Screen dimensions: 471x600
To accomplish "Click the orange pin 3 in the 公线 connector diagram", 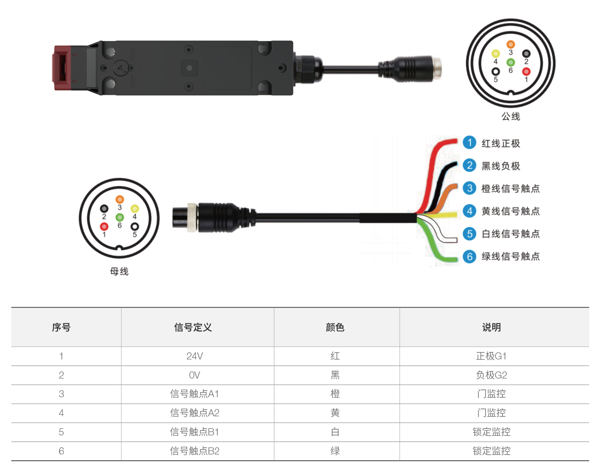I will [x=511, y=44].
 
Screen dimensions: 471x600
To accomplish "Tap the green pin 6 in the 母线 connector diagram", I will [x=120, y=217].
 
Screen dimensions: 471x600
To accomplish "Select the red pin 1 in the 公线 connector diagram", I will [x=526, y=72].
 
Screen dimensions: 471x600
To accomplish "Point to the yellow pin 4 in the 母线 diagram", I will [x=135, y=208].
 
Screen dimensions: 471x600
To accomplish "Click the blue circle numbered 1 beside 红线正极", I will [x=469, y=143].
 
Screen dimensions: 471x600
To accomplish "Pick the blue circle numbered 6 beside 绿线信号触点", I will [x=469, y=256].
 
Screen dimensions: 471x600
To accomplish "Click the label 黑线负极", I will [x=501, y=166].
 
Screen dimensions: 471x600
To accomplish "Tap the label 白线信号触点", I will [x=511, y=234].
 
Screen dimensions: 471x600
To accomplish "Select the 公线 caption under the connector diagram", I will [x=511, y=117].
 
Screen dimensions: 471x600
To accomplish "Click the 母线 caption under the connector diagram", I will [x=119, y=271].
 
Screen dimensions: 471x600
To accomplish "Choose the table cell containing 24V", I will [x=195, y=356].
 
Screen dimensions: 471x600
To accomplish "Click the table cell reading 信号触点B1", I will [x=195, y=432].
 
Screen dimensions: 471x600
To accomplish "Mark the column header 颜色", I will [x=335, y=327].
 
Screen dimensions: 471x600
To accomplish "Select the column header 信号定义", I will [x=193, y=327].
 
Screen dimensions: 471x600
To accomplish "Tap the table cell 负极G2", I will [x=491, y=375].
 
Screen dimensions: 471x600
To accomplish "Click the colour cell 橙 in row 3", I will [x=335, y=394].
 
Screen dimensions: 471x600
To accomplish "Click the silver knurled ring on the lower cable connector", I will [x=192, y=217].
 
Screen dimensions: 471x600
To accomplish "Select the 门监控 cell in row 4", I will [x=491, y=413].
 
